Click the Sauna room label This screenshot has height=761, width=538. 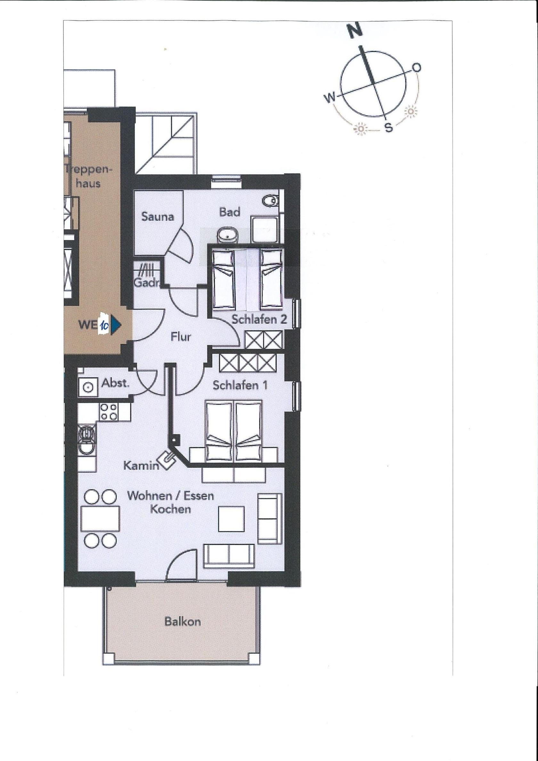(x=158, y=217)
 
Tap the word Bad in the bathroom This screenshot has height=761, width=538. (x=229, y=212)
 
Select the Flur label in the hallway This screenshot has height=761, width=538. (x=181, y=337)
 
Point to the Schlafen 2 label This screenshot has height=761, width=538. (x=259, y=320)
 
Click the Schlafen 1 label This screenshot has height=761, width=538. (x=240, y=386)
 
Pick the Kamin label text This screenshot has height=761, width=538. (x=141, y=466)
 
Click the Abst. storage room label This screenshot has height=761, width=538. (x=115, y=383)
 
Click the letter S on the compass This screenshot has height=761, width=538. (x=389, y=127)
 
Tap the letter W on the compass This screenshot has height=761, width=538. (x=330, y=97)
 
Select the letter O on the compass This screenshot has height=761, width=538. (x=417, y=68)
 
